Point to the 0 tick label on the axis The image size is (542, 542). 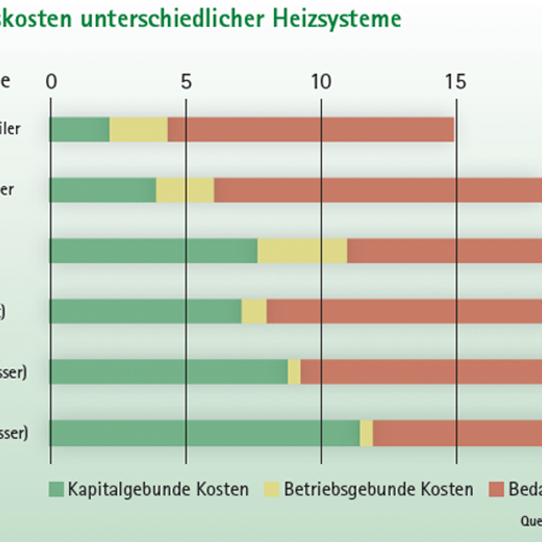[x=51, y=82]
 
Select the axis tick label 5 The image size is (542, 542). [x=186, y=82]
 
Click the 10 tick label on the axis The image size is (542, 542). [x=320, y=82]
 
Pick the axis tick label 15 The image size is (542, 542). [x=456, y=82]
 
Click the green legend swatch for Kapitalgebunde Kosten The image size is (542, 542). [x=56, y=488]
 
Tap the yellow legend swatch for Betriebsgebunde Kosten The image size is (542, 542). [x=271, y=488]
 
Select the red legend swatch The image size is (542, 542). [x=496, y=488]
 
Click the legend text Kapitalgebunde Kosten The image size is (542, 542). [x=158, y=488]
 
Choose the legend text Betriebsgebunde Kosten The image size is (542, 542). [x=378, y=488]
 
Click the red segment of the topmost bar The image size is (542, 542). [x=310, y=129]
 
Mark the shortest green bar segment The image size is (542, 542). [x=80, y=129]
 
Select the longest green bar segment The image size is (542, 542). [x=205, y=433]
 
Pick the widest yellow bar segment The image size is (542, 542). [x=302, y=251]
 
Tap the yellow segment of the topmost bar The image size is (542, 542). [x=138, y=129]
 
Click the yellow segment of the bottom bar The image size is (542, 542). [x=367, y=433]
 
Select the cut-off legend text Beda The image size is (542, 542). [x=525, y=488]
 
